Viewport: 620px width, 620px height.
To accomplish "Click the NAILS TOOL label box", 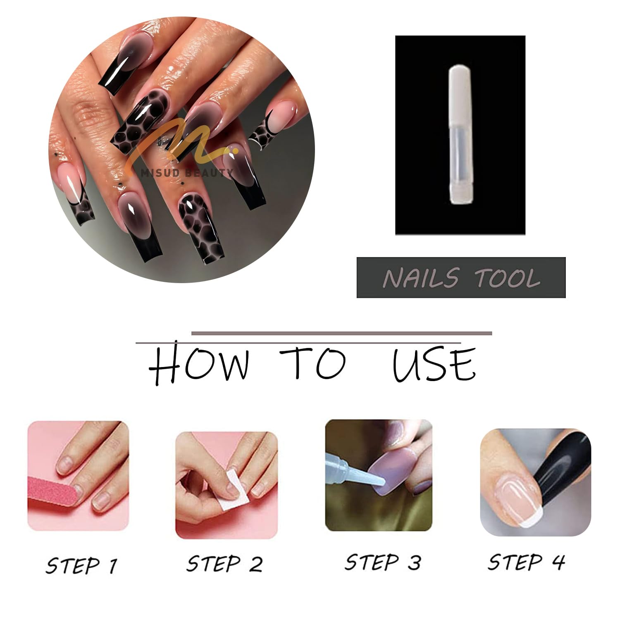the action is (x=461, y=277).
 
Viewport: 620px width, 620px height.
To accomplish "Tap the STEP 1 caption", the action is (x=81, y=565).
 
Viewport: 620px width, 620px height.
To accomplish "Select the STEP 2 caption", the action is (x=224, y=563).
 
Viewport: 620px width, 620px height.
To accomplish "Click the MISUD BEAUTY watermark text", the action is (x=187, y=173).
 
